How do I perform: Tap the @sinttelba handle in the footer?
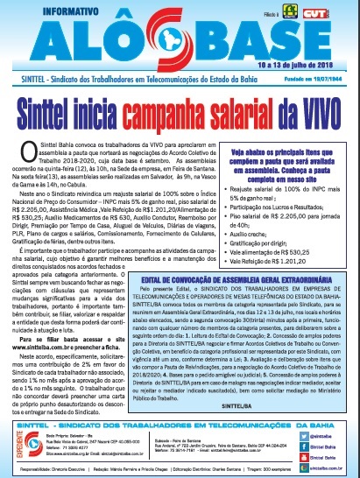coord(323,427)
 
